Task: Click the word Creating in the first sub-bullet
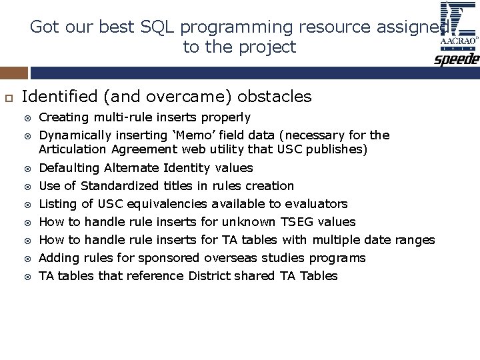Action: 61,118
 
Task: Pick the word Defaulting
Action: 69,168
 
